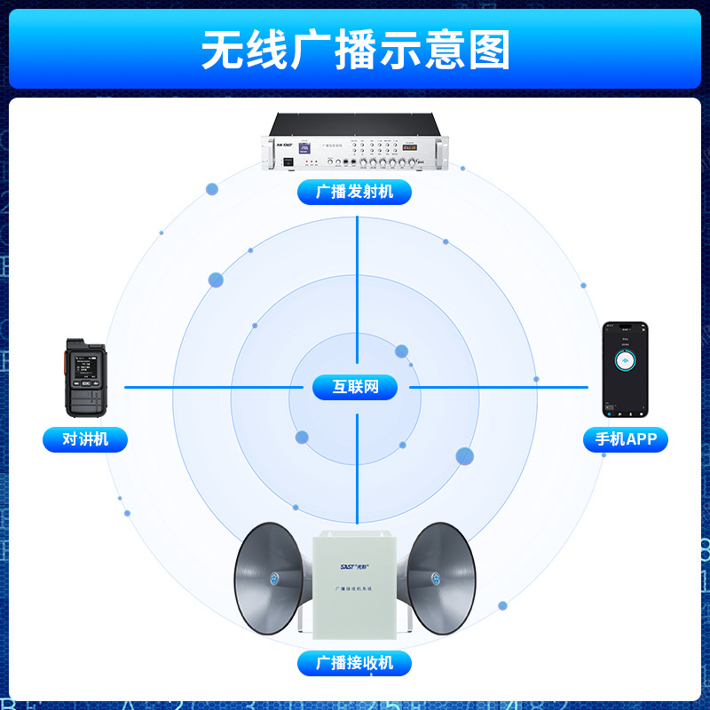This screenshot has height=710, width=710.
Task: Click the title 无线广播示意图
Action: tap(355, 49)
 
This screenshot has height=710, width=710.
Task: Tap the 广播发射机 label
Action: tap(354, 191)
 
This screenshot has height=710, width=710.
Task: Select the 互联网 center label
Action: tap(355, 387)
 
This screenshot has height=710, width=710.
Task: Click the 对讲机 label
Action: tap(85, 438)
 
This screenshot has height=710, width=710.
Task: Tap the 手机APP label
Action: tap(626, 438)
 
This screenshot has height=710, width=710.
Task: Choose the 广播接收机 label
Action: tap(354, 662)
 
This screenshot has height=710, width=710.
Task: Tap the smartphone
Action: tap(626, 370)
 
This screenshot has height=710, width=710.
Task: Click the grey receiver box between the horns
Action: tap(355, 581)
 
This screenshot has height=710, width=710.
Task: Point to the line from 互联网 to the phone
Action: tap(497, 387)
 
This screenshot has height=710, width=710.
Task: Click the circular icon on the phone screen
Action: tap(626, 360)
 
